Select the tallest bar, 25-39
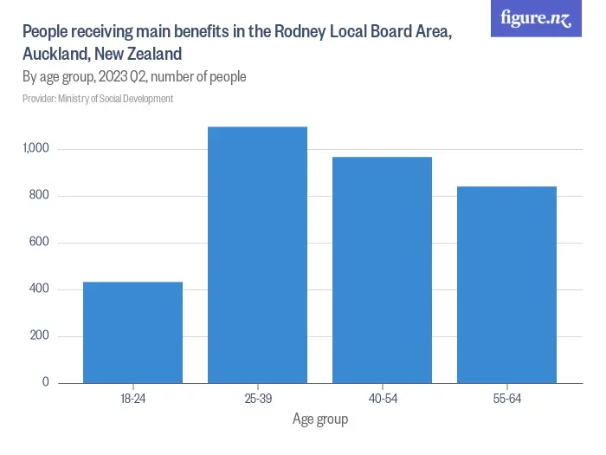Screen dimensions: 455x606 (257, 255)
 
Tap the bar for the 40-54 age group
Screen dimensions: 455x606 (382, 270)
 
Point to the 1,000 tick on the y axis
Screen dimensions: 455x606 (37, 149)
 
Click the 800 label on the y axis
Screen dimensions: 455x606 (41, 196)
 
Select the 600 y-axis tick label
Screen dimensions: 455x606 (41, 243)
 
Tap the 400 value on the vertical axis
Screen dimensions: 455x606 (41, 289)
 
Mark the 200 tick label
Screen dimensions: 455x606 (41, 336)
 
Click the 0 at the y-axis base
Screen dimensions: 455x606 (46, 383)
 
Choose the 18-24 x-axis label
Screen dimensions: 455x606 (132, 399)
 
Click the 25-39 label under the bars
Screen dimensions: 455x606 (257, 399)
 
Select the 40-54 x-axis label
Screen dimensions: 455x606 (382, 399)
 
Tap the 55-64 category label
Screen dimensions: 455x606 (506, 399)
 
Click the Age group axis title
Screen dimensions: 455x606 (319, 419)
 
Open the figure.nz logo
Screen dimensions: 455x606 (536, 18)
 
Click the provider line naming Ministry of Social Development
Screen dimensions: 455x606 (98, 99)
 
